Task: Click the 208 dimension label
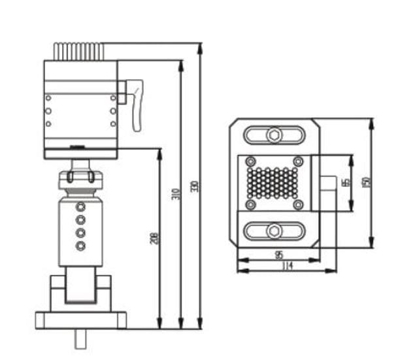154,239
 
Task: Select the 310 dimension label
175,194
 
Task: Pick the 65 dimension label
346,183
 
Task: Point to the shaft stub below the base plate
81,339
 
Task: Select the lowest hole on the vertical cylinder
81,246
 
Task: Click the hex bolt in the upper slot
274,136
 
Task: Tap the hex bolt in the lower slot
274,230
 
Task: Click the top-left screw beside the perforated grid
249,161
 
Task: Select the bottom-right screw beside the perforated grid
298,205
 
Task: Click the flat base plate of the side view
81,320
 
